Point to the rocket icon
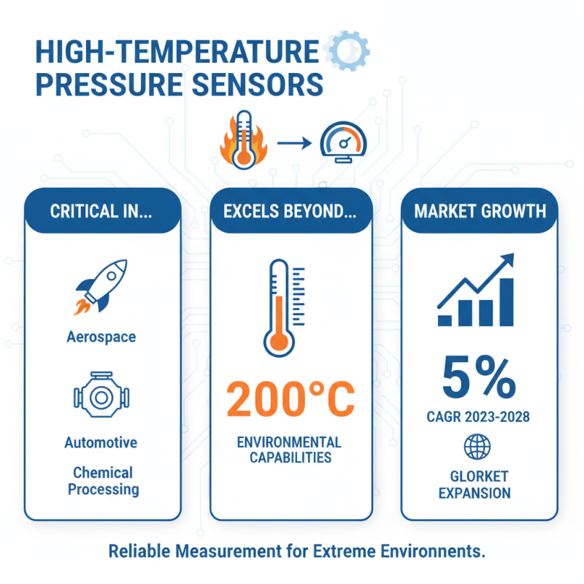point(101,287)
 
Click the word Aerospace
point(101,337)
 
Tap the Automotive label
point(101,443)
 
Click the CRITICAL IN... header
point(101,212)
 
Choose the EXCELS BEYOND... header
point(291,212)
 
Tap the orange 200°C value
point(290,399)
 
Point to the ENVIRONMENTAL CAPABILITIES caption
point(291,450)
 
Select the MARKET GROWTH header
point(480,212)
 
